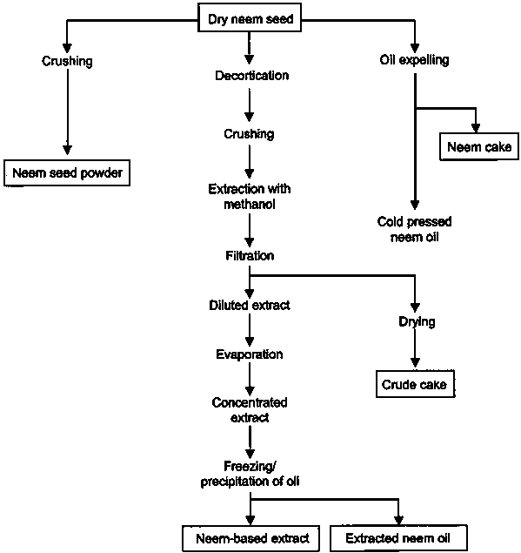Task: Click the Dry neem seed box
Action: (x=250, y=17)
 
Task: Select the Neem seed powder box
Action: (x=67, y=172)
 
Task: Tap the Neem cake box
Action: (x=479, y=146)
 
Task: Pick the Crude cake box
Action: (x=415, y=384)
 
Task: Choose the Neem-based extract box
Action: (x=250, y=538)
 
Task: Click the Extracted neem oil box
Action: (x=398, y=538)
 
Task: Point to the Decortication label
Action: (x=252, y=76)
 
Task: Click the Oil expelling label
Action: (x=414, y=60)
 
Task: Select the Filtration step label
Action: (x=250, y=255)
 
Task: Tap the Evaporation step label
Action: (x=250, y=354)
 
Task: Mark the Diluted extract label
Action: (x=250, y=305)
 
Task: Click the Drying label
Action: (x=417, y=321)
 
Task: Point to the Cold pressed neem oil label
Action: (x=414, y=229)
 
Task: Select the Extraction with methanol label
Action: (x=250, y=197)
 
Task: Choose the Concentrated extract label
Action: (x=250, y=410)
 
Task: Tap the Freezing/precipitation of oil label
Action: (x=250, y=474)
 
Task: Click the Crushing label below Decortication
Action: (x=249, y=134)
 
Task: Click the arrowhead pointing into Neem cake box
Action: (x=476, y=128)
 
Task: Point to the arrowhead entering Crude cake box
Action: (x=415, y=362)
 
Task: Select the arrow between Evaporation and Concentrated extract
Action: (x=250, y=379)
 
